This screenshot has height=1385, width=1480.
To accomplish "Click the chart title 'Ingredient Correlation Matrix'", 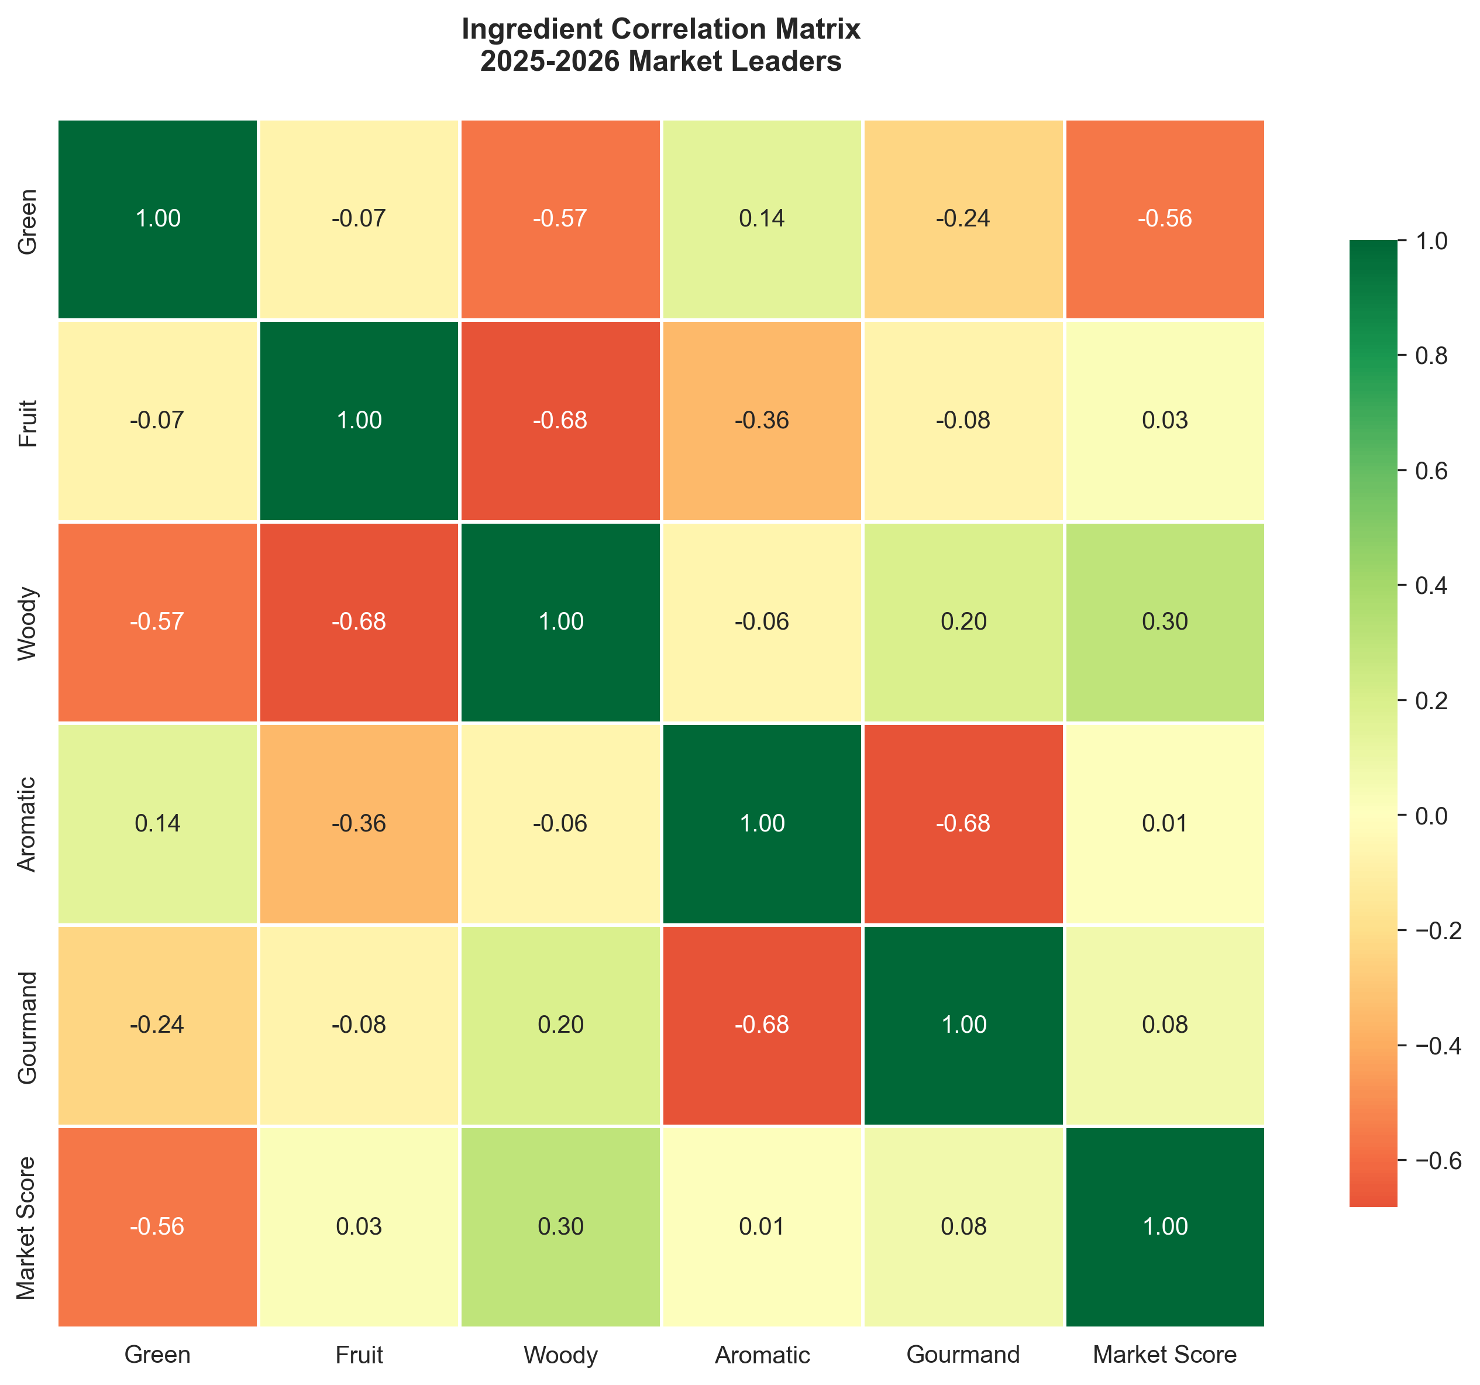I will (660, 30).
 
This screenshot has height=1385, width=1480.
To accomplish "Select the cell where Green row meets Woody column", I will (560, 219).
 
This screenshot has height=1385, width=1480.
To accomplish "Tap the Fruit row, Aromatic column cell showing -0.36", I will (762, 421).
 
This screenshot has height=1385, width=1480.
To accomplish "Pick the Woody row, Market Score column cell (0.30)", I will (1164, 622).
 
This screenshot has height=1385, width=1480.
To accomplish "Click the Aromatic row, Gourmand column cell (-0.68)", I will (963, 823).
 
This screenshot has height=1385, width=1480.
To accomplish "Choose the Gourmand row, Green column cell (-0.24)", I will (158, 1025).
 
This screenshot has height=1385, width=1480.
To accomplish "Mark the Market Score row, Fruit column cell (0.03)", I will (359, 1226).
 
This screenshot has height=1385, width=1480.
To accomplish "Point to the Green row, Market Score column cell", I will (1164, 219).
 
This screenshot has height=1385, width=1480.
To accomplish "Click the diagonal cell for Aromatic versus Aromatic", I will (762, 823).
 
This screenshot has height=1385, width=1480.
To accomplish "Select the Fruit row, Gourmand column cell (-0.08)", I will (963, 421).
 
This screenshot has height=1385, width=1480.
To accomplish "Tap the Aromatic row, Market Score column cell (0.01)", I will (1164, 823).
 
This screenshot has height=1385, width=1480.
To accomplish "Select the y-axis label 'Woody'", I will (27, 623).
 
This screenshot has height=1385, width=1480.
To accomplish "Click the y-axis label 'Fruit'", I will (27, 421).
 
